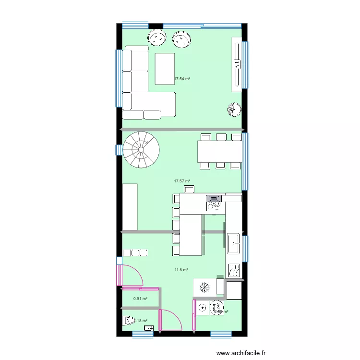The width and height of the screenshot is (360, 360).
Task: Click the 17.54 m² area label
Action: [x=182, y=78]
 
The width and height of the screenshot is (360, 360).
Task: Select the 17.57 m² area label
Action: [x=182, y=181]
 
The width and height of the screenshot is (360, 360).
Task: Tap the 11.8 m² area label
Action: [x=181, y=270]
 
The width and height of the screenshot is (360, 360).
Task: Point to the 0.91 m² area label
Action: [x=140, y=299]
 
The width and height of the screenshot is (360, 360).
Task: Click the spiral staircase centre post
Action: [x=141, y=150]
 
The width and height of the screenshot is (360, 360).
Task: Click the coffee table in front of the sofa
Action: [x=165, y=69]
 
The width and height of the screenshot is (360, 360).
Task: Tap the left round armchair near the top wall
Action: [x=156, y=37]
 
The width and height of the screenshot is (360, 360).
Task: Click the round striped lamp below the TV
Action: [x=233, y=110]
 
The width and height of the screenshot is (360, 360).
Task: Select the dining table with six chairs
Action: [x=219, y=151]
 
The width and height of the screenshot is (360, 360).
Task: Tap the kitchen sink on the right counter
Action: [x=234, y=243]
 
